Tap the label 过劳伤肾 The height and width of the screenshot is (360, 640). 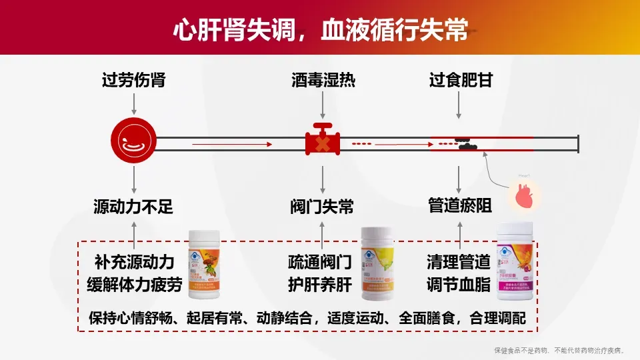click(x=133, y=81)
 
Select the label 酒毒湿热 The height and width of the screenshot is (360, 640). click(x=323, y=81)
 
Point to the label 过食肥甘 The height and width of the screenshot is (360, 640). click(x=459, y=81)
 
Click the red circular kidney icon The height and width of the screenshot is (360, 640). click(x=133, y=141)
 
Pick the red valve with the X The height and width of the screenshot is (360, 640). click(x=323, y=141)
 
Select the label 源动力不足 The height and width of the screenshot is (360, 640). click(x=133, y=207)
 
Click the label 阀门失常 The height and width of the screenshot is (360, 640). click(x=323, y=207)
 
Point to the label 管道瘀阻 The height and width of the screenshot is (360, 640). click(x=459, y=207)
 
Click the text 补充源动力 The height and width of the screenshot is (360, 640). click(x=135, y=261)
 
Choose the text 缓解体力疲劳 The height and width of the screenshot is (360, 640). click(x=135, y=285)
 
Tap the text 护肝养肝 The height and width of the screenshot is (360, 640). click(x=320, y=285)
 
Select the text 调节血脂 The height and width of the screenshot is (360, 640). click(x=459, y=285)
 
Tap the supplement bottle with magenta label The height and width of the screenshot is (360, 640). click(x=517, y=260)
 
